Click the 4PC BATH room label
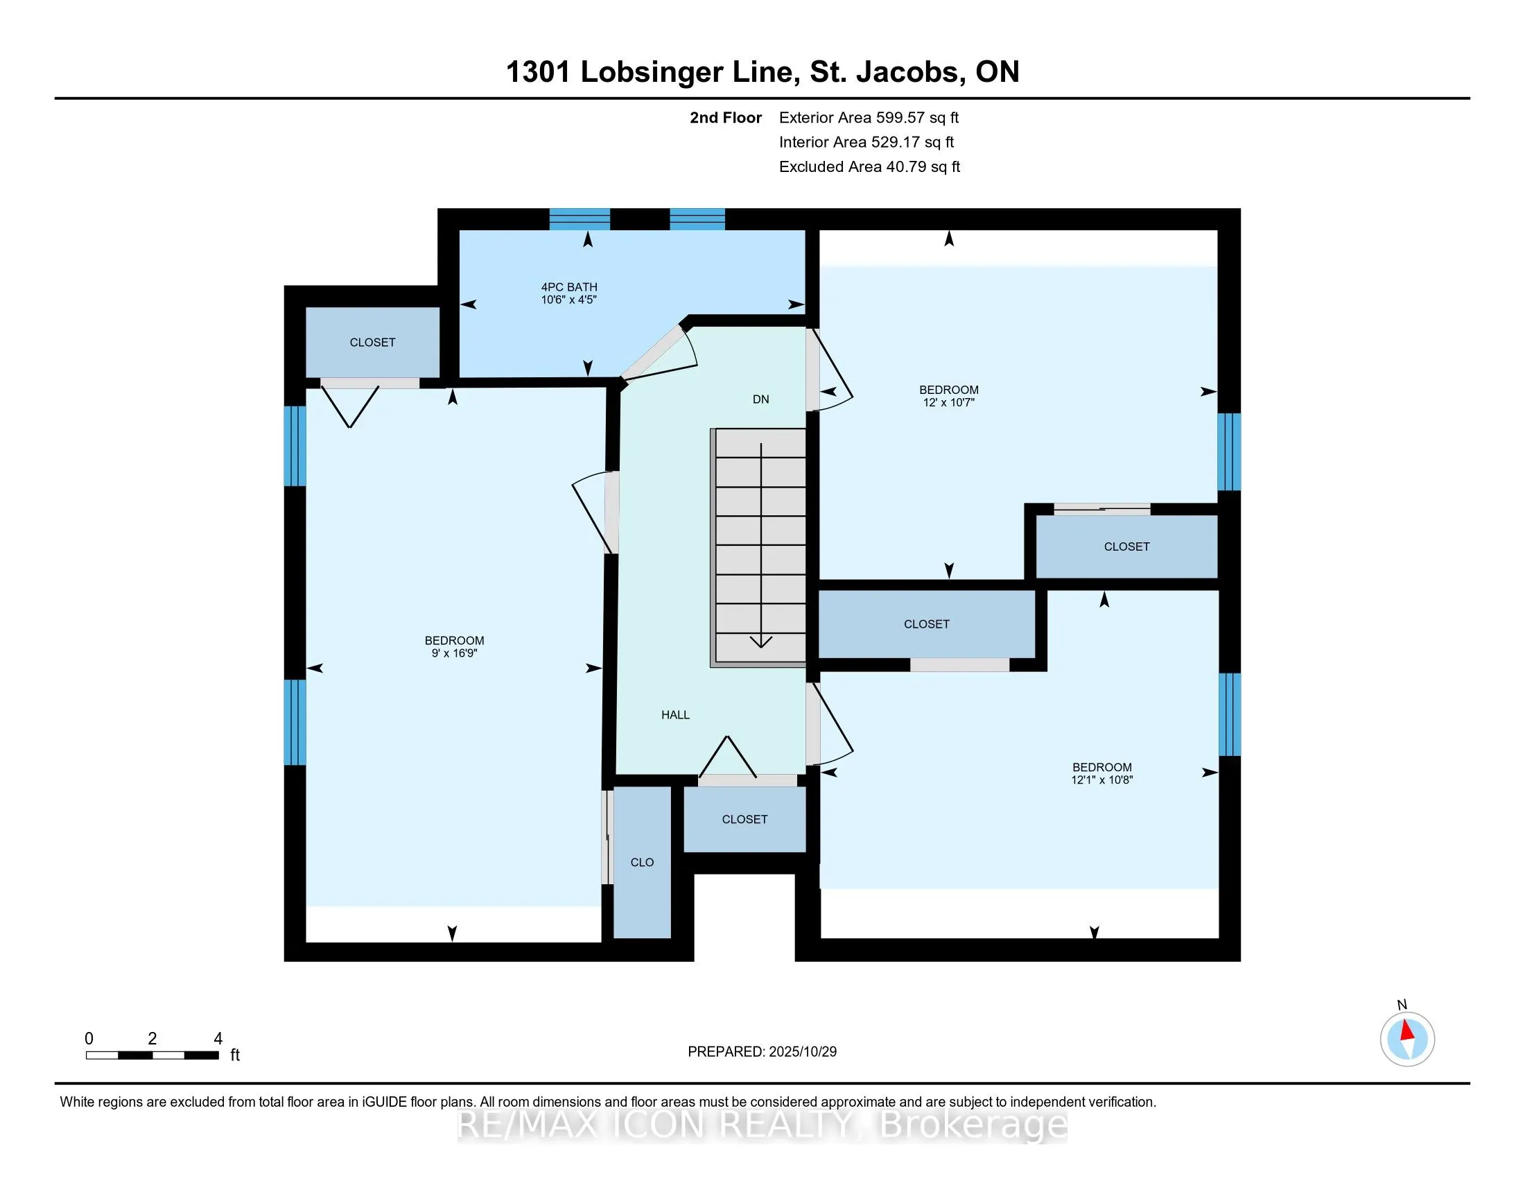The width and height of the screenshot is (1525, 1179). (569, 286)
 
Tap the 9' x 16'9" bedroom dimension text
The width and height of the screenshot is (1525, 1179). (454, 654)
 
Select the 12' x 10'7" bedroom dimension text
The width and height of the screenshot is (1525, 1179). (948, 403)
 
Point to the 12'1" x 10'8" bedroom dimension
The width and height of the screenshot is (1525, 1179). (1102, 780)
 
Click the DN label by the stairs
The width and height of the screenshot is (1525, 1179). (760, 399)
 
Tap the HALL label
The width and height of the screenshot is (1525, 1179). (675, 714)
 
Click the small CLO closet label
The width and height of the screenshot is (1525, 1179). (642, 863)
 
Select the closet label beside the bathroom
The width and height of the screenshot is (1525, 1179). (372, 342)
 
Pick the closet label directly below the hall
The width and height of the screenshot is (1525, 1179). (744, 819)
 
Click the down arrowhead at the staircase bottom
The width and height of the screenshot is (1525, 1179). (760, 642)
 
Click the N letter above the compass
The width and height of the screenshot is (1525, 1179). (1402, 1005)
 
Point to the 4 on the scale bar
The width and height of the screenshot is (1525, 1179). (218, 1039)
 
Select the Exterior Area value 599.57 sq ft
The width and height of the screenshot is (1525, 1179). (917, 118)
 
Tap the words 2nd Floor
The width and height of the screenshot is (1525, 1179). (726, 118)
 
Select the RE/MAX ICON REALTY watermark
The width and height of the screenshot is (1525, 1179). (762, 1125)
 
